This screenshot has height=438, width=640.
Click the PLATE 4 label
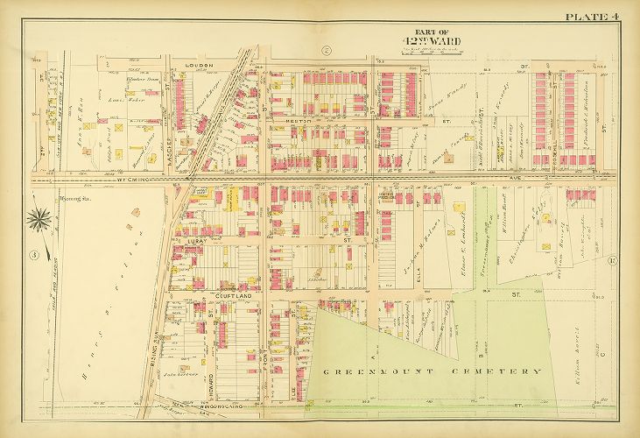(x=590, y=16)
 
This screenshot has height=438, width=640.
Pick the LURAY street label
(x=194, y=237)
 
